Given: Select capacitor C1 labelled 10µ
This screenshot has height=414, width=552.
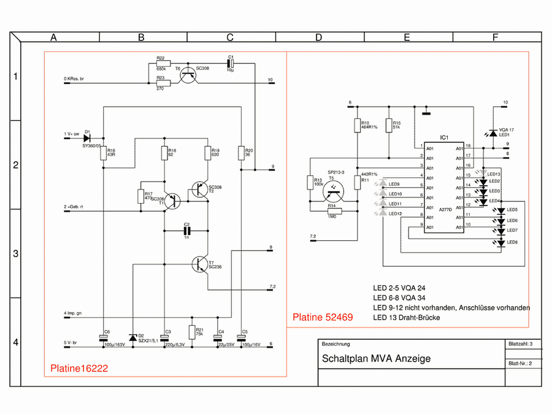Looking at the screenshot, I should pos(231,63).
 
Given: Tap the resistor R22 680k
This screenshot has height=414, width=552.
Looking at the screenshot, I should pos(163,63).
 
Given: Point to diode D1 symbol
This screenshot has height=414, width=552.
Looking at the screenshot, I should pos(86,137).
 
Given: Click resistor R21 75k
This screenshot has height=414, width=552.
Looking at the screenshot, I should pos(191,332).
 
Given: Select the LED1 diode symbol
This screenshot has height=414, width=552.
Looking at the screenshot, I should pos(492,133).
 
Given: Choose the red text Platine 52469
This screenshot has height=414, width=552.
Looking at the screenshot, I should pos(322,317).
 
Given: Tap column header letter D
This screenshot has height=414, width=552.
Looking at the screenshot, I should pos(318,37).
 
